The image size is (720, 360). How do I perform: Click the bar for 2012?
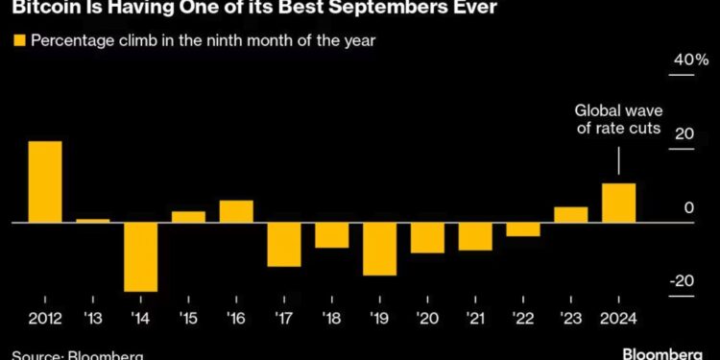pos(45,181)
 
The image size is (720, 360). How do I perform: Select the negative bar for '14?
pos(140,256)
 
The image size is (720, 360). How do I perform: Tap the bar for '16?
pos(236,211)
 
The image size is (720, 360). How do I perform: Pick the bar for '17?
pos(284,244)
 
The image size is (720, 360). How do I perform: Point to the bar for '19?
pos(379,249)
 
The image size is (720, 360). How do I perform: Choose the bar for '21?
pos(474,236)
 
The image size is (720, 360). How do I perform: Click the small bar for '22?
pos(522,228)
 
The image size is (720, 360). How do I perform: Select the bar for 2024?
pos(618,203)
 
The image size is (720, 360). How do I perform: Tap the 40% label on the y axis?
pos(688,60)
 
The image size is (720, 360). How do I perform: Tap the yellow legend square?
pos(19,40)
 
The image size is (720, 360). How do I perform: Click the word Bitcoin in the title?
pos(39,10)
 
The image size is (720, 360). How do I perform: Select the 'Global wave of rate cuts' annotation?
pos(618,120)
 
